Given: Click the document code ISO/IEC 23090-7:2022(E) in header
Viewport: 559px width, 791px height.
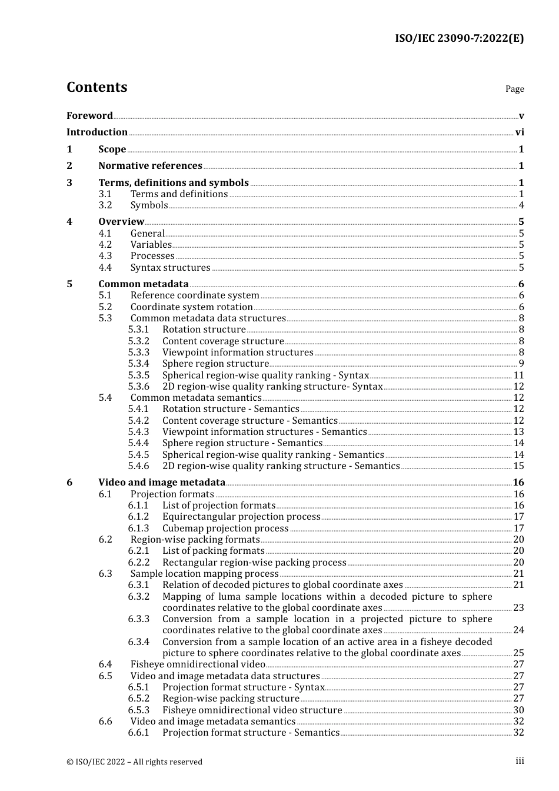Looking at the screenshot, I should pyautogui.click(x=459, y=39).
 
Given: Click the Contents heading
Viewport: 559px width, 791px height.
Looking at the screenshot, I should pyautogui.click(x=97, y=87).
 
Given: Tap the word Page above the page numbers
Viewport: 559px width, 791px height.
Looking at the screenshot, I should pyautogui.click(x=514, y=89).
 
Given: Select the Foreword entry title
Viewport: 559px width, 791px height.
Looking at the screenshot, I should pyautogui.click(x=89, y=116).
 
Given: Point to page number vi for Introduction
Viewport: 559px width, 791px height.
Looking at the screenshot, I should pyautogui.click(x=520, y=132).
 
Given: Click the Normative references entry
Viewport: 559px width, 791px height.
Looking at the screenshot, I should pyautogui.click(x=150, y=166).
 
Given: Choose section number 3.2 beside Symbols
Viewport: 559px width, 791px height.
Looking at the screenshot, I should pyautogui.click(x=105, y=205).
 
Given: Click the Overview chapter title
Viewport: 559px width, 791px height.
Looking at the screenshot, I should pyautogui.click(x=121, y=222).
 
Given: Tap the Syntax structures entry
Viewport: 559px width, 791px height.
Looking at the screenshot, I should pyautogui.click(x=170, y=268).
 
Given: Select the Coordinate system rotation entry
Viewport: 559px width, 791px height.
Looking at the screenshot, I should pyautogui.click(x=191, y=307).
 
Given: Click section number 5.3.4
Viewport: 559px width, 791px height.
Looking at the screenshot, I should pyautogui.click(x=139, y=364).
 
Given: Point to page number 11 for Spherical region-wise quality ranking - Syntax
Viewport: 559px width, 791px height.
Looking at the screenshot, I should pyautogui.click(x=518, y=375).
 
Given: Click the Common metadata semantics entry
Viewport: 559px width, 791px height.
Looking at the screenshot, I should pyautogui.click(x=196, y=398).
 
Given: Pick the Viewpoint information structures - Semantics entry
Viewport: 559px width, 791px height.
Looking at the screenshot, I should pyautogui.click(x=264, y=432).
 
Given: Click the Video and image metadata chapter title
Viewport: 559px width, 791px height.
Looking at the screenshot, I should pyautogui.click(x=162, y=483).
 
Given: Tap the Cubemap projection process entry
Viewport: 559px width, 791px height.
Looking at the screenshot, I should pyautogui.click(x=225, y=529).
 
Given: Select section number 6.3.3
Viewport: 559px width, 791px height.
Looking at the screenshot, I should pyautogui.click(x=139, y=619).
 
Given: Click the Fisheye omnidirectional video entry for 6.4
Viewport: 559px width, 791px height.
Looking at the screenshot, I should pyautogui.click(x=198, y=664).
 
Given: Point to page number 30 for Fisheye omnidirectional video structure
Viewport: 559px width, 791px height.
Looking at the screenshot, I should pyautogui.click(x=518, y=710).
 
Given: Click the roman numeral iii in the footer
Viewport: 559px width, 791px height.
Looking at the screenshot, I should pyautogui.click(x=520, y=761).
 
